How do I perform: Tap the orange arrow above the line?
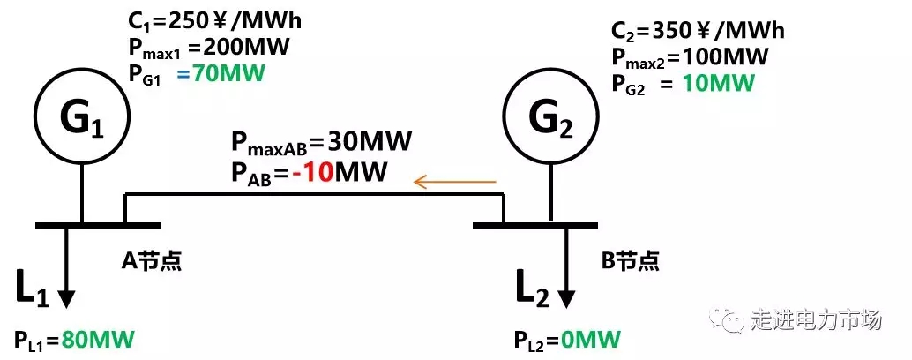tap(455, 183)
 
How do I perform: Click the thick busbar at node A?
tap(98, 225)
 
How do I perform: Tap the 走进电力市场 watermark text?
tap(816, 319)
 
